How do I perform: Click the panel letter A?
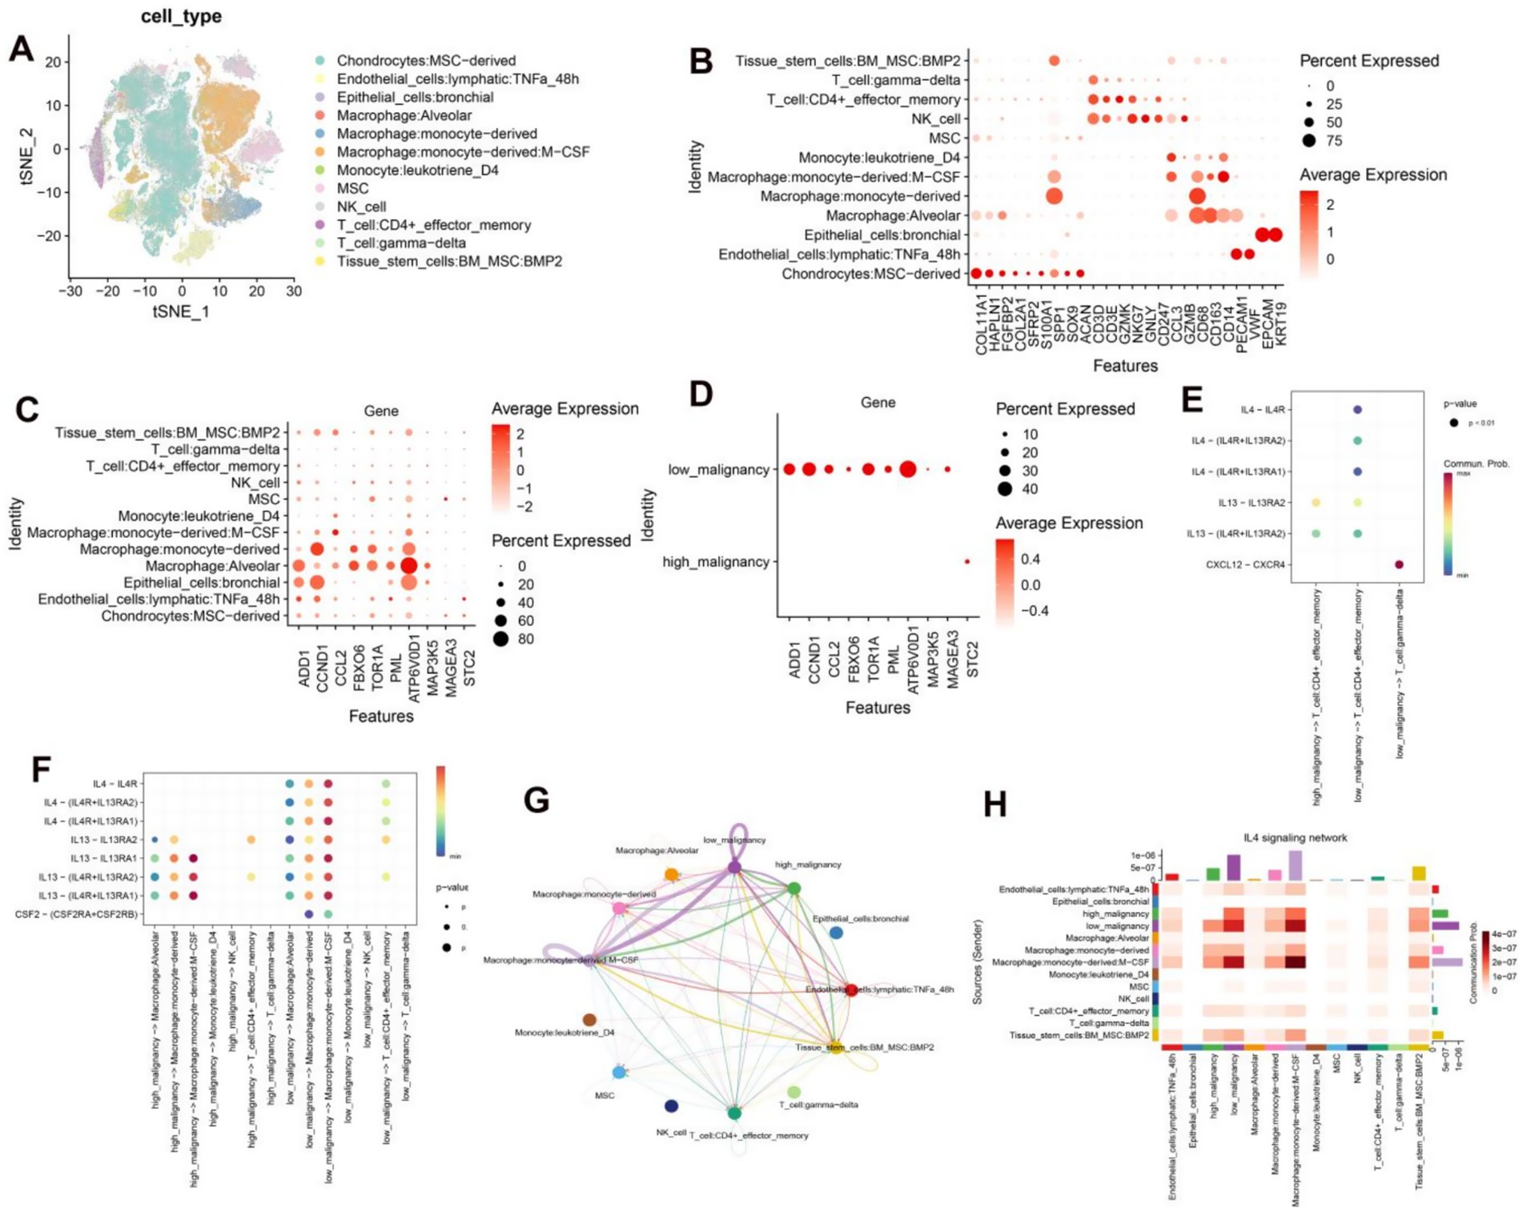tap(22, 50)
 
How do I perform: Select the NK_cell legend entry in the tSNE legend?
tap(361, 207)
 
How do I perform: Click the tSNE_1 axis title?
tap(181, 311)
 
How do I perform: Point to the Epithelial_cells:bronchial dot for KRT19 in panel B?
tap(1276, 235)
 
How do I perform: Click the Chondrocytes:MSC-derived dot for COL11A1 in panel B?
tap(976, 274)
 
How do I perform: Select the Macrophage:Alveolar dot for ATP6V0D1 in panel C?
tap(408, 566)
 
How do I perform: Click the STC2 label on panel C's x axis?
tap(469, 668)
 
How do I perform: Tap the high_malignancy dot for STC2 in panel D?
tap(967, 562)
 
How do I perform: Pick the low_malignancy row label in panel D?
tap(718, 470)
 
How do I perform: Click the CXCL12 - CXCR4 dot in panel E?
tap(1399, 564)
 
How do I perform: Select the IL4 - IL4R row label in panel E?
tap(1262, 410)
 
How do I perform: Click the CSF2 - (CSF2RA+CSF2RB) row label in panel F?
tap(76, 914)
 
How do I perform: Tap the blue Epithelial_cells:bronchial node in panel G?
tap(836, 933)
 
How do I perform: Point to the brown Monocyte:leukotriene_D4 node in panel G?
tap(589, 1020)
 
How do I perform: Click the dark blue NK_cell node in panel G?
tap(671, 1106)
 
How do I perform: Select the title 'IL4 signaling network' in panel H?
tap(1295, 837)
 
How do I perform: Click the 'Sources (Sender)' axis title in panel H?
tap(978, 962)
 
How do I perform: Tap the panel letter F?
tap(41, 770)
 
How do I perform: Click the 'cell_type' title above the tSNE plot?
tap(181, 16)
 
